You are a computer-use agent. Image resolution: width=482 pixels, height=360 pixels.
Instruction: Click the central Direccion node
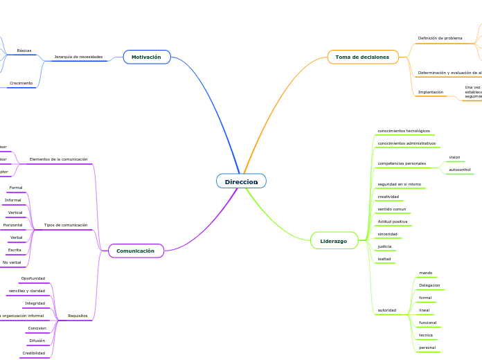point(241,181)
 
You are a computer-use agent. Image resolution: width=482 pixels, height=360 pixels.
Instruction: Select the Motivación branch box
point(146,57)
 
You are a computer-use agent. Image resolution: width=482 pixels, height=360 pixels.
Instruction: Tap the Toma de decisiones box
point(362,57)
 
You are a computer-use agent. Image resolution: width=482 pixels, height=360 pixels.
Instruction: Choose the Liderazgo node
point(334,241)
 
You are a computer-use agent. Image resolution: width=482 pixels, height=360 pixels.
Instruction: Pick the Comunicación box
point(135,251)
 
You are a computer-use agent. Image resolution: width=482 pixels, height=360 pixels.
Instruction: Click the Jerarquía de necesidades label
point(78,57)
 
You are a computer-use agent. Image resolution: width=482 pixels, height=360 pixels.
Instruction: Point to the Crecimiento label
point(21,83)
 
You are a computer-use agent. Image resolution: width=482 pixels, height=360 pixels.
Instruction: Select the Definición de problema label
point(440,38)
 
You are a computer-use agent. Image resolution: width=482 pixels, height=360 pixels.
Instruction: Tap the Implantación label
point(430,92)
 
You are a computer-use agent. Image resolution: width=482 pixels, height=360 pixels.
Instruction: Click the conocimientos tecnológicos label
point(404,131)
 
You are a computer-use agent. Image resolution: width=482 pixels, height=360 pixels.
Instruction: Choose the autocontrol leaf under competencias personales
point(460,170)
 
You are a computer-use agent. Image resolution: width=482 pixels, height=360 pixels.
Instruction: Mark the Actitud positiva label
point(393,222)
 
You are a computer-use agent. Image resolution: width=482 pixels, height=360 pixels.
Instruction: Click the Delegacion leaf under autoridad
point(429,285)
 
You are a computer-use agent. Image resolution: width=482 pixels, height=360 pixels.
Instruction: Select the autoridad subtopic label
point(387,310)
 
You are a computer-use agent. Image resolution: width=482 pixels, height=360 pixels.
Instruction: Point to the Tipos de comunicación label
point(66,225)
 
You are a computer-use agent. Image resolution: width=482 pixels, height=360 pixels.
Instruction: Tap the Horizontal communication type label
point(12,225)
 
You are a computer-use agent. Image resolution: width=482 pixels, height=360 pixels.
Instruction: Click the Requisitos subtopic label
point(78,316)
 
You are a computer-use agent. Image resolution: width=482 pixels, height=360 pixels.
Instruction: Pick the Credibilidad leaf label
point(33,353)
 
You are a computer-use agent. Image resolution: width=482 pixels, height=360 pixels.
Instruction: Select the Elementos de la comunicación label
point(58,159)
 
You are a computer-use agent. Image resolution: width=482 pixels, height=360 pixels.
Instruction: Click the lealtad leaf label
point(384,259)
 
